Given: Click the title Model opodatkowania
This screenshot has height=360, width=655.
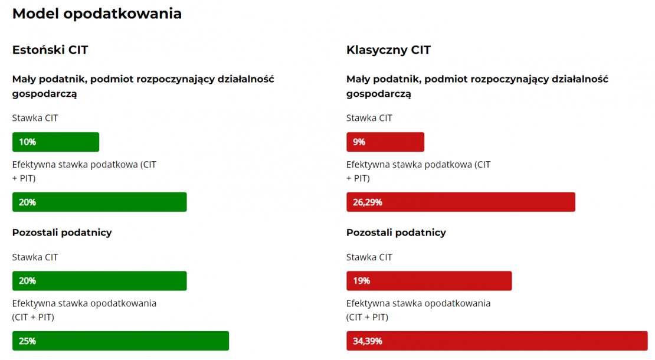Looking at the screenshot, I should (x=97, y=14).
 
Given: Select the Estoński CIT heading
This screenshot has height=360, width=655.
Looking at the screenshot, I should (x=50, y=50).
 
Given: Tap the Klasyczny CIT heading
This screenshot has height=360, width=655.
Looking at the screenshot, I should (x=388, y=50).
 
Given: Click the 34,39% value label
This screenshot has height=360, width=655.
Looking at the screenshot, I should (x=368, y=341).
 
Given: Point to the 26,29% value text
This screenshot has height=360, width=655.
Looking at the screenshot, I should (x=368, y=202).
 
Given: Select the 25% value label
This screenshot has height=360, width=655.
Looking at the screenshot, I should (x=27, y=341).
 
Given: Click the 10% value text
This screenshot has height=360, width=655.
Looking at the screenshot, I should (x=27, y=142).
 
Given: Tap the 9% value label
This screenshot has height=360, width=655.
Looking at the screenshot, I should (x=359, y=142).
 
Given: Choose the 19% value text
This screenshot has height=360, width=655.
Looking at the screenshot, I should (x=362, y=281).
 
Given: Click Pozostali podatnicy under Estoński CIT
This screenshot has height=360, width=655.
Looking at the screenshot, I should (x=62, y=233).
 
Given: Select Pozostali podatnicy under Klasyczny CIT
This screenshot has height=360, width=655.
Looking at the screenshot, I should (x=396, y=233).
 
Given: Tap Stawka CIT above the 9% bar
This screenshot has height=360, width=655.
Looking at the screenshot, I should (x=369, y=118).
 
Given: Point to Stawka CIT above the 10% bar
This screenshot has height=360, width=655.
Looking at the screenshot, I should (x=35, y=118).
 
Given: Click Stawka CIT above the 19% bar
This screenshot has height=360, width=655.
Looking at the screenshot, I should (x=369, y=257).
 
